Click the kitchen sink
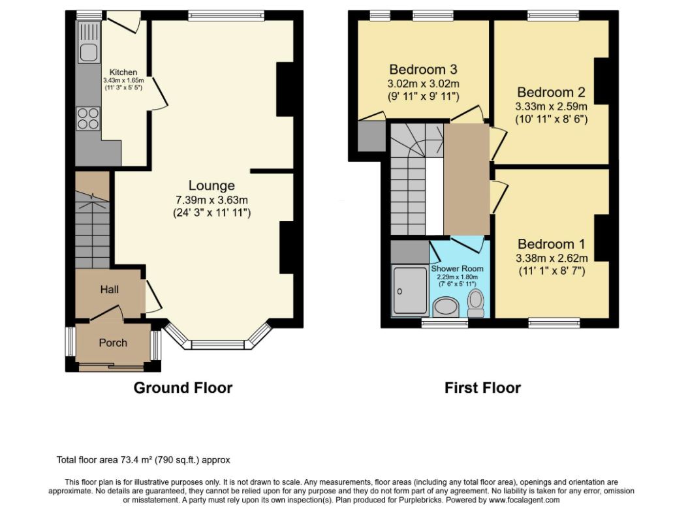(x=89, y=54)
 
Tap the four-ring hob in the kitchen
(x=88, y=118)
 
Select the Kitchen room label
(x=123, y=72)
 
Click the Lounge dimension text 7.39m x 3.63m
(x=211, y=200)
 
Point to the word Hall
(x=110, y=290)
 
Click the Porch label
(x=113, y=343)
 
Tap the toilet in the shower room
(x=475, y=303)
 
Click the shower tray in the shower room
(x=411, y=290)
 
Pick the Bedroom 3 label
(x=423, y=69)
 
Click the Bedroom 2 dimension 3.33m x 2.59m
(x=551, y=106)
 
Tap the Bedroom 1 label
(x=552, y=244)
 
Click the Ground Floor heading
(x=183, y=388)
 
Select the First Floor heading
(x=482, y=388)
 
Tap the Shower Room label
(x=457, y=269)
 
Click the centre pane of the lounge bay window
(x=217, y=345)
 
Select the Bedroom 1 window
(x=554, y=323)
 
